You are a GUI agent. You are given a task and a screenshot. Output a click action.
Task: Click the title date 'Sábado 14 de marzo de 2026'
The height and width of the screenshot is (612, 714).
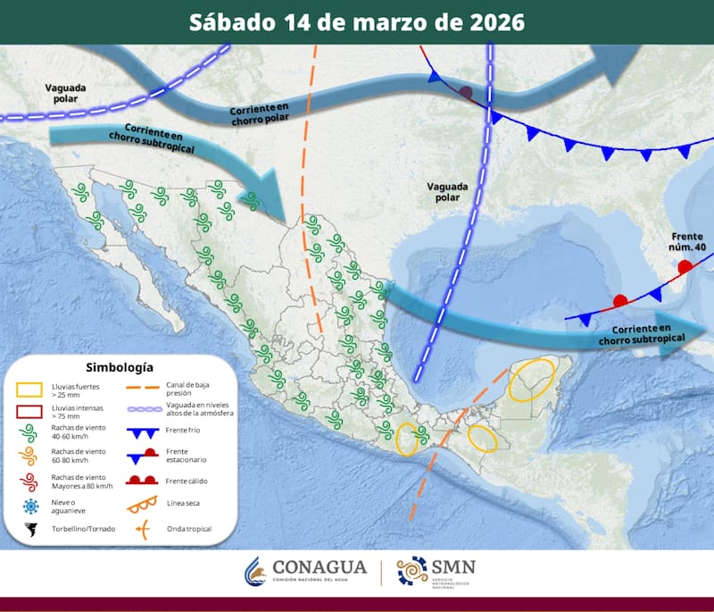point(356,21)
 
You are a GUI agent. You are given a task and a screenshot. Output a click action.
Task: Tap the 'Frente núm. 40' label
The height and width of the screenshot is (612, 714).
point(687,242)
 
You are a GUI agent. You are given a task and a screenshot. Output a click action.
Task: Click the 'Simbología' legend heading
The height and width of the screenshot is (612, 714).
point(119,367)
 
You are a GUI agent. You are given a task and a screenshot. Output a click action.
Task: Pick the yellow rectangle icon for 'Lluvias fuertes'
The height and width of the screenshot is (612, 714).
point(30,390)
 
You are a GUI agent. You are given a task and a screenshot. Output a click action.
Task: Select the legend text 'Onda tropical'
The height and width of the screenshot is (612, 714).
point(189,530)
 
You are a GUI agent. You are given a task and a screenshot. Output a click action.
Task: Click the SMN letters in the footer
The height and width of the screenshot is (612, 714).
point(452,566)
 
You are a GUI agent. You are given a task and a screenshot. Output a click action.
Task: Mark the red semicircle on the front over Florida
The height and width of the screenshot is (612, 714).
point(685,266)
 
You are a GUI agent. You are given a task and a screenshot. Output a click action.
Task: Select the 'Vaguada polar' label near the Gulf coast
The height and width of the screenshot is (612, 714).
point(445,191)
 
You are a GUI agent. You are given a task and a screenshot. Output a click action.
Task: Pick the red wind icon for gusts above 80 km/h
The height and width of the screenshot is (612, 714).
point(30,483)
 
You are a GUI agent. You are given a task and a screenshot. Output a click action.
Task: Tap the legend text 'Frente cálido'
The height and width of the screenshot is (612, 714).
point(187,481)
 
